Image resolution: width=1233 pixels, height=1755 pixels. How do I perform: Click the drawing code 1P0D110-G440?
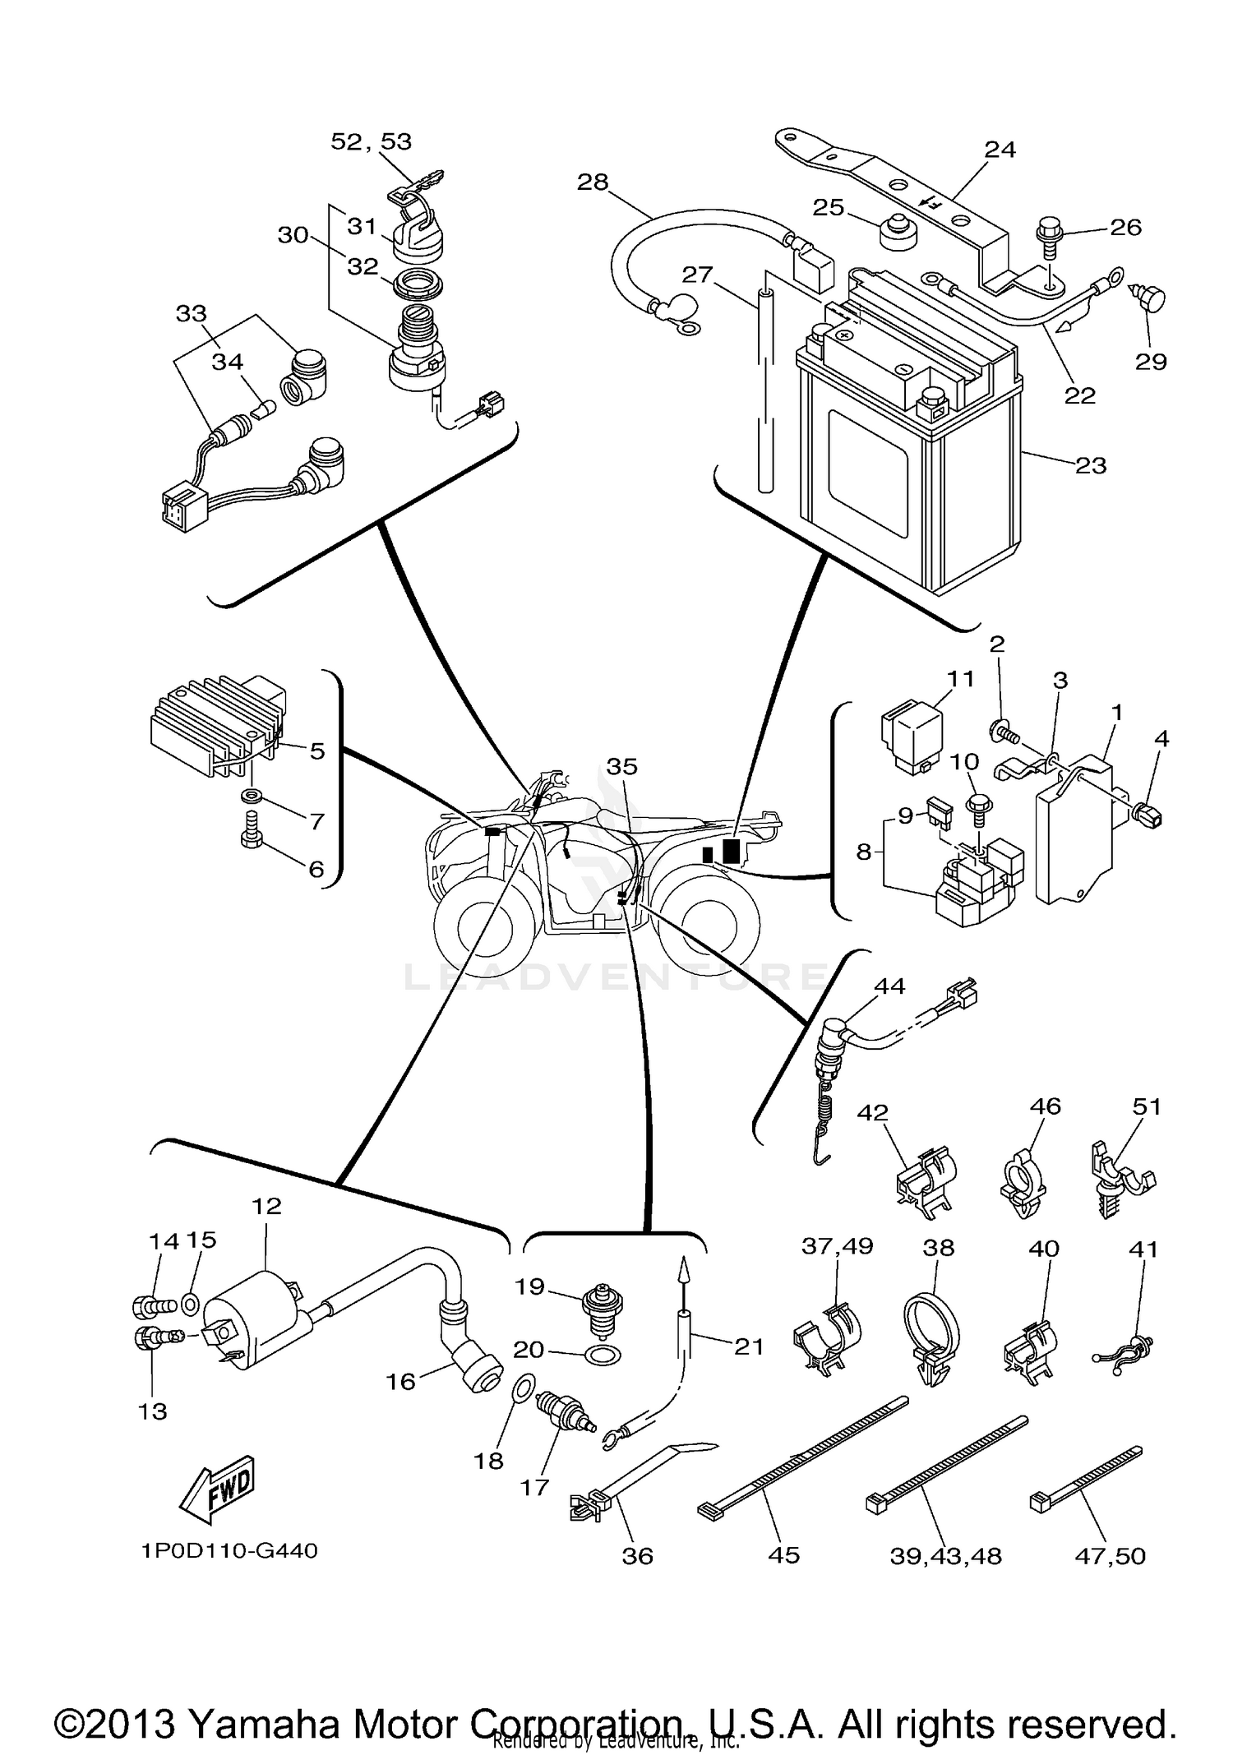[229, 1551]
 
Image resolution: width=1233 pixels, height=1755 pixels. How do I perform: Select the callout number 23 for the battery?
[1091, 465]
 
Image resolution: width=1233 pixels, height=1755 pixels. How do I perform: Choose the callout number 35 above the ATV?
[621, 766]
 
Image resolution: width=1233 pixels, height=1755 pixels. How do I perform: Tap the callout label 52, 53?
[371, 141]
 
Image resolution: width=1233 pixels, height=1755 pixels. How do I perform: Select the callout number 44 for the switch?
[889, 986]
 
